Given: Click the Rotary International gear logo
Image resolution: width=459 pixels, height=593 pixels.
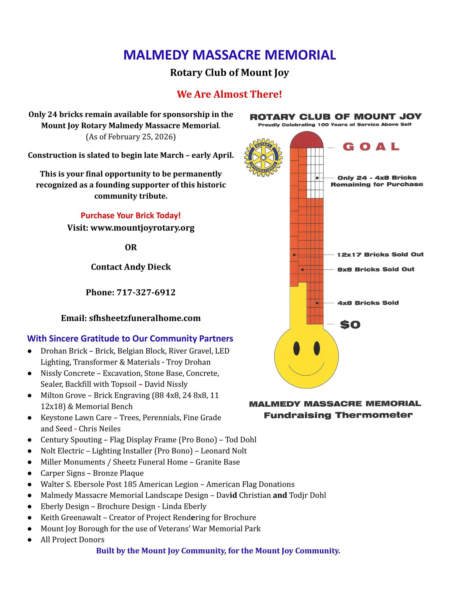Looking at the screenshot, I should [x=263, y=158].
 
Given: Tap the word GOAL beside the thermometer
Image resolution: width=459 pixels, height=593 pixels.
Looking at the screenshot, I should [x=371, y=147].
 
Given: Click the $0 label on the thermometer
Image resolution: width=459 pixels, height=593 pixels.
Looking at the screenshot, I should [x=350, y=325].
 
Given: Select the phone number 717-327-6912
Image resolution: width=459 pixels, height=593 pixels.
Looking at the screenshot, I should [x=145, y=292].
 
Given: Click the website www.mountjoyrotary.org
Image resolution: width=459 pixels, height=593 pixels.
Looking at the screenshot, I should [x=142, y=228].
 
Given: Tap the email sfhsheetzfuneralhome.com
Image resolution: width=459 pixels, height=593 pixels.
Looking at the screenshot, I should [x=145, y=318].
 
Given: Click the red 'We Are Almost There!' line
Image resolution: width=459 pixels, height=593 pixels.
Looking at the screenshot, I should [x=229, y=94].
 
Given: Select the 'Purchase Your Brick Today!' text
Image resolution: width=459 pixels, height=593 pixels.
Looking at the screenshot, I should [x=130, y=215].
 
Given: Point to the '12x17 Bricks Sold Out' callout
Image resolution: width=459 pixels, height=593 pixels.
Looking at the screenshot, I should [x=380, y=255].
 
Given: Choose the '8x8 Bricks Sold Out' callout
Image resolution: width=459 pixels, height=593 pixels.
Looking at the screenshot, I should [x=376, y=270].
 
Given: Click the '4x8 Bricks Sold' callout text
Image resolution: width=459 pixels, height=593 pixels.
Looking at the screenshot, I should [x=368, y=303].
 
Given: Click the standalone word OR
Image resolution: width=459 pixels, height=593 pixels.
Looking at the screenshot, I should [x=131, y=247].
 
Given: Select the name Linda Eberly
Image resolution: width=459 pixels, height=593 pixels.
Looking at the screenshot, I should [x=184, y=506].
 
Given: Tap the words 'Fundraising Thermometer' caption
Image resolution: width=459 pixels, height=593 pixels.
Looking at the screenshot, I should [x=338, y=415].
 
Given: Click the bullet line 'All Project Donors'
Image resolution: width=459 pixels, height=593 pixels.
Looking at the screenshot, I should [x=73, y=540].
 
